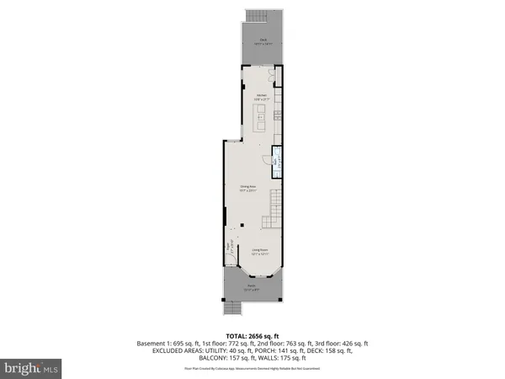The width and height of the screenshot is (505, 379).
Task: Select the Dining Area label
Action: (x=247, y=189)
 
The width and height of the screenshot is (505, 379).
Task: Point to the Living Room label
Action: (x=259, y=251)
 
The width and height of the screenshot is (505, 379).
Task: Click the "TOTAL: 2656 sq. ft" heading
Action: (x=252, y=335)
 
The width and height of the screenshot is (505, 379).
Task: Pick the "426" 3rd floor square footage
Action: (x=342, y=344)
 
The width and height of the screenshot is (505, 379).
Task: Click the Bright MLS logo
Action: (x=32, y=367)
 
